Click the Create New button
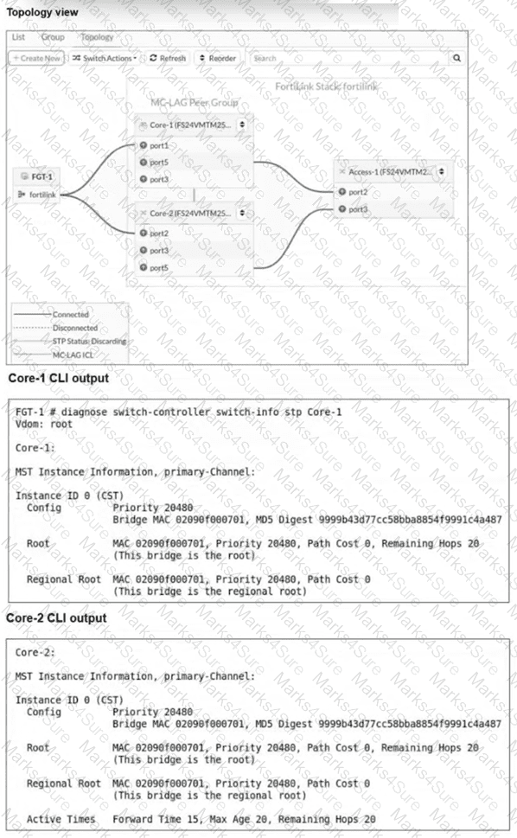coord(36,58)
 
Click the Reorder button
coord(217,58)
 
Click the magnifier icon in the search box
coord(457,58)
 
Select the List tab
coord(19,38)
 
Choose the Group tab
coord(53,38)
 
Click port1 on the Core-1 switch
coord(156,145)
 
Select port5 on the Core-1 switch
coord(156,162)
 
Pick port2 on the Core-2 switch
coord(156,233)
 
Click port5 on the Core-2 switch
coord(156,267)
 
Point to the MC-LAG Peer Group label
coord(194,103)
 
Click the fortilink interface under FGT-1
coord(41,195)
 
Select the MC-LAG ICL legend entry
coord(69,353)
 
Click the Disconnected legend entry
coord(74,328)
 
